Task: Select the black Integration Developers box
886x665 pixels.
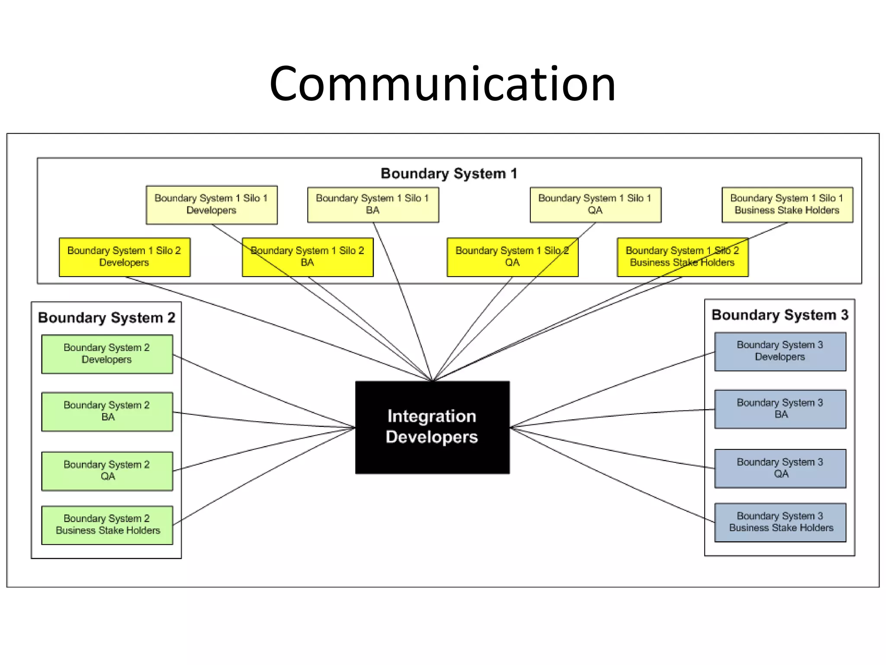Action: point(432,427)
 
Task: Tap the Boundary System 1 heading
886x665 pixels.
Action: point(449,174)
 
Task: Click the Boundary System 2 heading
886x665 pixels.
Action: point(106,318)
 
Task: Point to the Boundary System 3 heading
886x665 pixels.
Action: point(780,315)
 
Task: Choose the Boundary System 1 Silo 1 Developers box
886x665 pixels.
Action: point(212,204)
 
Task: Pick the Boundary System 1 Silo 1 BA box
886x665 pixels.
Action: point(373,204)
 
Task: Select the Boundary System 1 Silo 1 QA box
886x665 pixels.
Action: point(595,204)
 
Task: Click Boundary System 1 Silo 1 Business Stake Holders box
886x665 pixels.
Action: point(787,204)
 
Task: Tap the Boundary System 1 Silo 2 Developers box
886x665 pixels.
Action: point(125,257)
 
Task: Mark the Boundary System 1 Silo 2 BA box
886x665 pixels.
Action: point(308,257)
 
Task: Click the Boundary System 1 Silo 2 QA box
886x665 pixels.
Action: point(512,257)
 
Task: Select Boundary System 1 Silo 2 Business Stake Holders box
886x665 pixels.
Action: point(682,257)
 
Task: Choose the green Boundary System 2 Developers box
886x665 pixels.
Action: point(107,354)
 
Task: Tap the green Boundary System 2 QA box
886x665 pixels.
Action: point(107,471)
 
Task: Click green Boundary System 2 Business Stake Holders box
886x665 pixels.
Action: point(107,525)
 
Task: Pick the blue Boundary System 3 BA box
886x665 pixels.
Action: point(780,409)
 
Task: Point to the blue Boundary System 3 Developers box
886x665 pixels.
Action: point(780,351)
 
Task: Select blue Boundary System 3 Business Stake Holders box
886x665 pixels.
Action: point(780,522)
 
